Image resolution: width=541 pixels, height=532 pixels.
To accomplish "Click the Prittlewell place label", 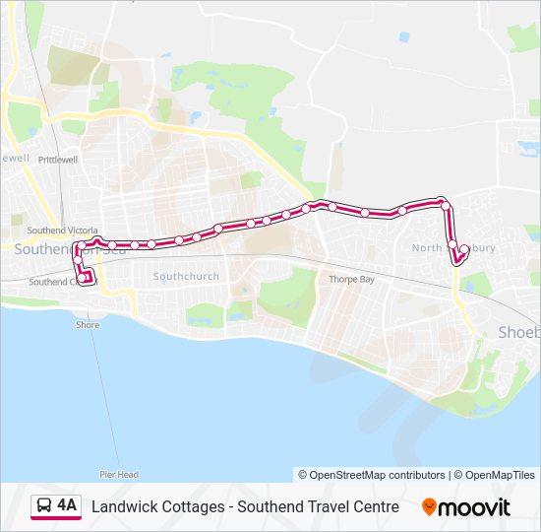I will coord(58,159).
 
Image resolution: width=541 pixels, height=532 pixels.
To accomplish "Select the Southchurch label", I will coord(186,277).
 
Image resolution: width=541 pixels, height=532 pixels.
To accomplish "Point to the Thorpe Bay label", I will coord(351,280).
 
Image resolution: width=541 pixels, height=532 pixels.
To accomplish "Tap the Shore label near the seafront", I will coord(88,325).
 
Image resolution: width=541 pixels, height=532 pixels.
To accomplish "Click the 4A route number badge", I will coord(66,506).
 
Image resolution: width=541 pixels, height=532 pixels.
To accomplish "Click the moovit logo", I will coord(466,507).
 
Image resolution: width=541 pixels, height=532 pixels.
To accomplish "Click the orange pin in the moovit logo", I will coord(429,507).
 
